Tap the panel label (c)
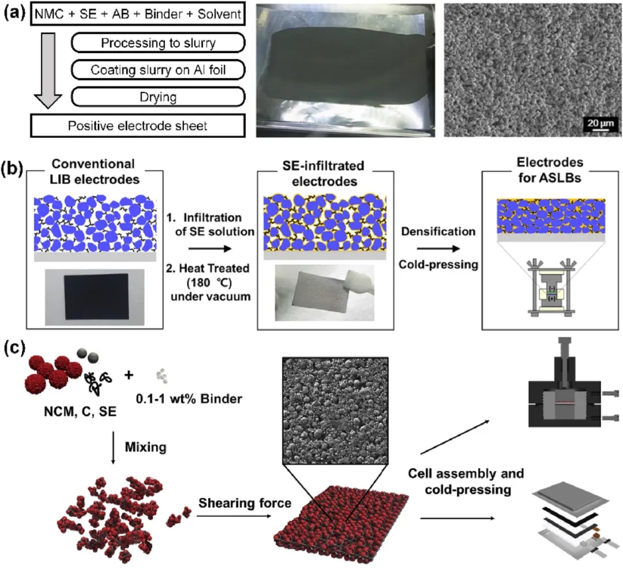pyautogui.click(x=13, y=350)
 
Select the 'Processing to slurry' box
pyautogui.click(x=156, y=43)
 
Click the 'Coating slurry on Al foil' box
pyautogui.click(x=156, y=70)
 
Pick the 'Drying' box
pyautogui.click(x=156, y=97)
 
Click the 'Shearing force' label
pyautogui.click(x=245, y=503)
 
